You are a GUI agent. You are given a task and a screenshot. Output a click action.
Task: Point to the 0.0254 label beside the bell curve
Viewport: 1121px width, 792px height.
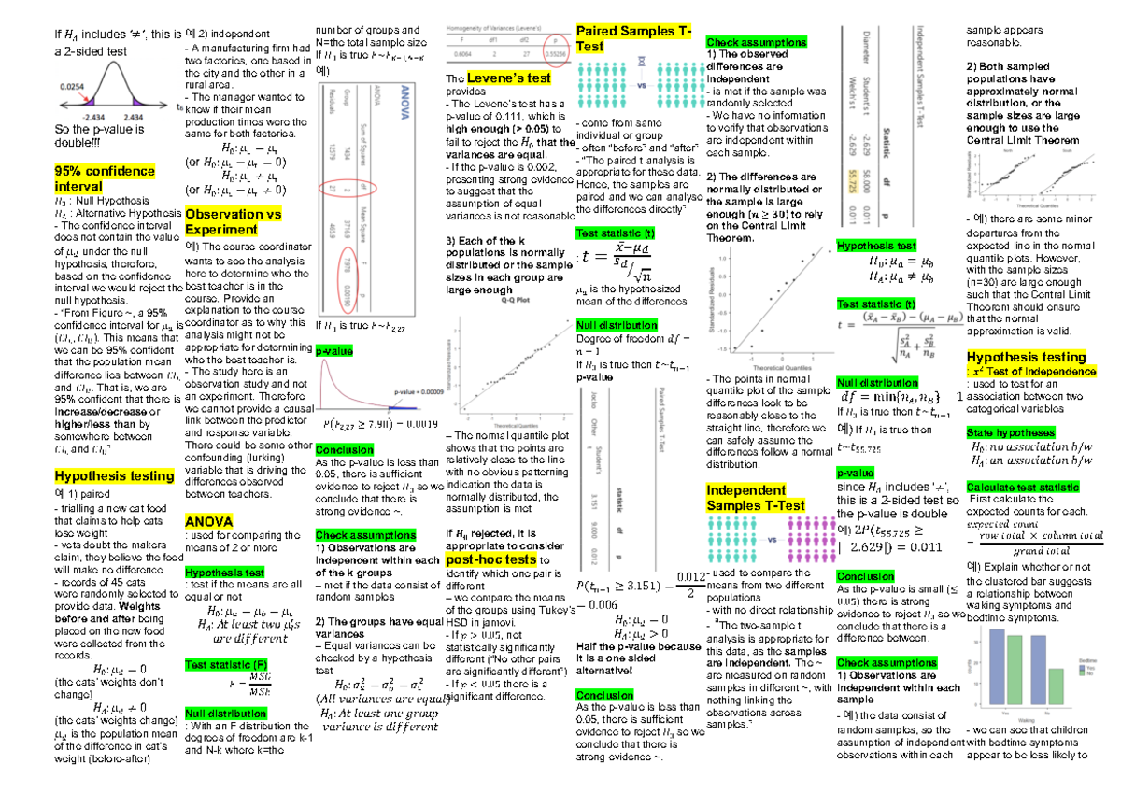tap(71, 85)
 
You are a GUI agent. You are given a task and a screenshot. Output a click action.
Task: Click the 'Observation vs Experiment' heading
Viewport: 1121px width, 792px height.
tap(234, 221)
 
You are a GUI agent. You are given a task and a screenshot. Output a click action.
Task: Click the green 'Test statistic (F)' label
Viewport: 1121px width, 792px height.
tap(223, 665)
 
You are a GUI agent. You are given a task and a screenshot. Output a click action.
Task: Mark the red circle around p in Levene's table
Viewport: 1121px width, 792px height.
tap(559, 43)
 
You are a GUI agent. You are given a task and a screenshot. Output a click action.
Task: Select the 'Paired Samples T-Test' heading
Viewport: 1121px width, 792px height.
tap(634, 39)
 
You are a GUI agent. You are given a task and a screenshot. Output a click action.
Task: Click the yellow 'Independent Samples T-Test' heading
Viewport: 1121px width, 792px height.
tap(756, 498)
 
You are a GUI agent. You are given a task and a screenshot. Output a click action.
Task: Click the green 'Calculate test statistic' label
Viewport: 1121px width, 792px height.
tap(1023, 488)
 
